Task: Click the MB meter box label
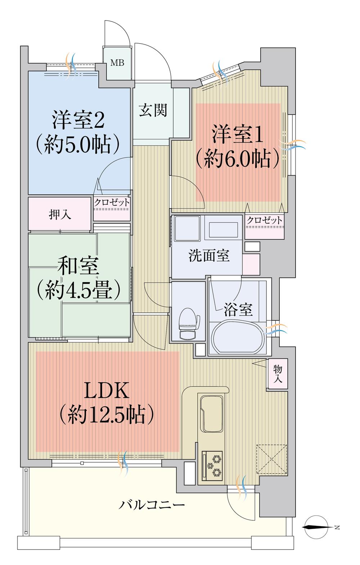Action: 117,63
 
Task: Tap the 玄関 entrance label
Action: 153,110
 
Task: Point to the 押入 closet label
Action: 60,214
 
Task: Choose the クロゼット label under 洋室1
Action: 264,220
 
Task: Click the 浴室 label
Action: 238,309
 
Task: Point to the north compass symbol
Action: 317,528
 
